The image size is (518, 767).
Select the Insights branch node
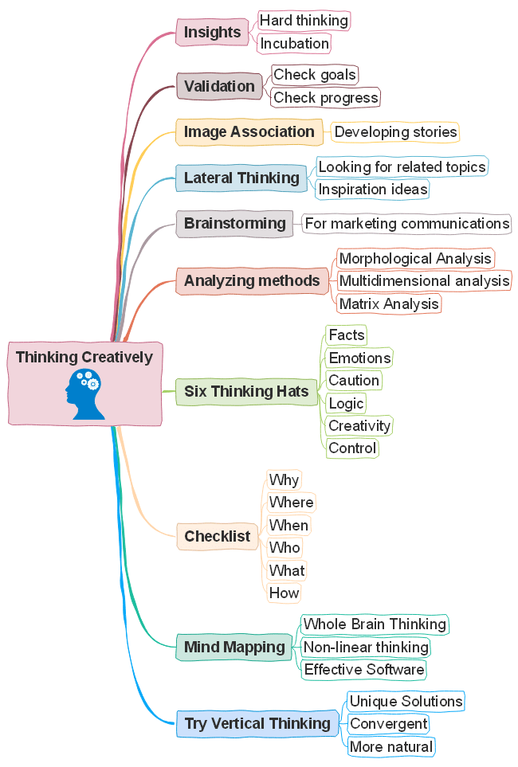tap(212, 33)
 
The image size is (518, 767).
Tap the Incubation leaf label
tap(294, 43)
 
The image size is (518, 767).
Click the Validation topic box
tap(219, 86)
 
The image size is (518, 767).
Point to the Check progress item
tap(325, 97)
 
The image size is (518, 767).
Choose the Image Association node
tap(249, 132)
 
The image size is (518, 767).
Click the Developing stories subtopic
tap(395, 131)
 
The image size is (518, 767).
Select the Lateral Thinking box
tap(241, 178)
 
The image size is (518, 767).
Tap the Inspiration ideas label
tap(373, 189)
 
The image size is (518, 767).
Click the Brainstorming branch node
tap(234, 223)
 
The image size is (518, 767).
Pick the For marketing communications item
tap(406, 223)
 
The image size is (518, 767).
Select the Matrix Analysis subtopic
tap(388, 303)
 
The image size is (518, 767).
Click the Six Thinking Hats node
tap(246, 391)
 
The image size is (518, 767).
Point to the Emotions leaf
tap(359, 358)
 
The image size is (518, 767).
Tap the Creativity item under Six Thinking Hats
tap(359, 425)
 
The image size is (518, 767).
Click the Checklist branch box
tap(217, 536)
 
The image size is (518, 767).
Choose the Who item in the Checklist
tap(285, 547)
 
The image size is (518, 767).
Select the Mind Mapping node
tap(234, 647)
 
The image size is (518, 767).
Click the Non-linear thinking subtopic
tap(366, 647)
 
